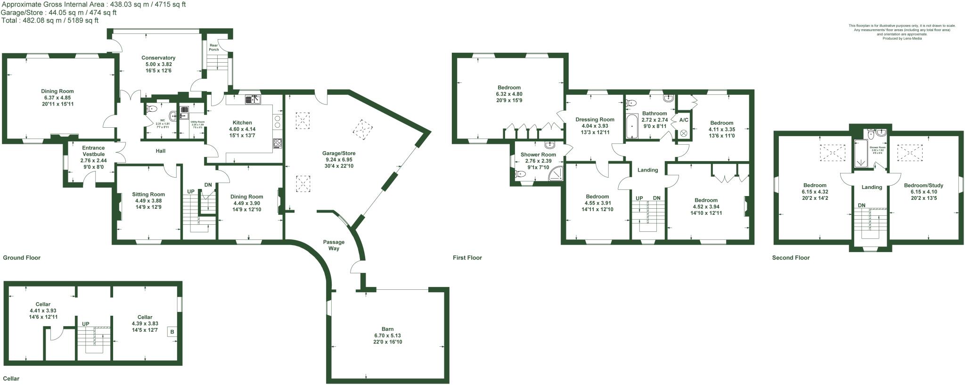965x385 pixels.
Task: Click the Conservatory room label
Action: (158, 58)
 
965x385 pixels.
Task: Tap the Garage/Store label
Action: (339, 153)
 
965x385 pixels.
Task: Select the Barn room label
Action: (387, 329)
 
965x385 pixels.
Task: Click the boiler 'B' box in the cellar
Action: (172, 332)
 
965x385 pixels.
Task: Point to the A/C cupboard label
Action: (683, 120)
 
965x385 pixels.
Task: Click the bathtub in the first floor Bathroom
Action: (631, 126)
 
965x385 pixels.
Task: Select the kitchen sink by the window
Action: (253, 99)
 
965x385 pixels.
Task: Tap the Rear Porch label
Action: (214, 47)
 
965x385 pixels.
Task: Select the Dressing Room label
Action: (595, 120)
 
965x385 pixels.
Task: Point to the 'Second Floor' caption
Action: (791, 258)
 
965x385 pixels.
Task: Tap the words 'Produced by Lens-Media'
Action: (902, 39)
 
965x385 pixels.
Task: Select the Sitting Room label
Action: (148, 194)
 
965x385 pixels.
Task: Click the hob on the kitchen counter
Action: (277, 143)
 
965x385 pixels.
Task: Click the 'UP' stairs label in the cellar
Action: (86, 324)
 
